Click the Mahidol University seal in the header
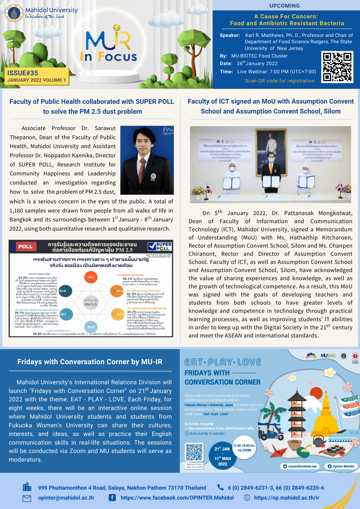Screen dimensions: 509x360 coord(14,13)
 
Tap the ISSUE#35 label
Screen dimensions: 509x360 coord(23,73)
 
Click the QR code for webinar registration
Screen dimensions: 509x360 coord(337,67)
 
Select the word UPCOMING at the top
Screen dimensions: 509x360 coord(285,6)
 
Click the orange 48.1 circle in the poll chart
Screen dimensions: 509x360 coord(91,277)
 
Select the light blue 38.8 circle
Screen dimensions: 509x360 coord(91,327)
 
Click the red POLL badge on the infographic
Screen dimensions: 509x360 coord(25,247)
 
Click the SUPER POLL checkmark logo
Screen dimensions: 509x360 coord(160,246)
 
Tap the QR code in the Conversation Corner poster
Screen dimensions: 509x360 coord(195,452)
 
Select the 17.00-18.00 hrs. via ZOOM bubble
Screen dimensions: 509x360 coord(244,448)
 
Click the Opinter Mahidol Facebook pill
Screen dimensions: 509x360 coord(341,466)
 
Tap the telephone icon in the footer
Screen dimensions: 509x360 coord(220,487)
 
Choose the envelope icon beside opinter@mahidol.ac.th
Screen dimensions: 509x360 coord(27,498)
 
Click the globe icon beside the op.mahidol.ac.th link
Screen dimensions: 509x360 coord(247,498)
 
